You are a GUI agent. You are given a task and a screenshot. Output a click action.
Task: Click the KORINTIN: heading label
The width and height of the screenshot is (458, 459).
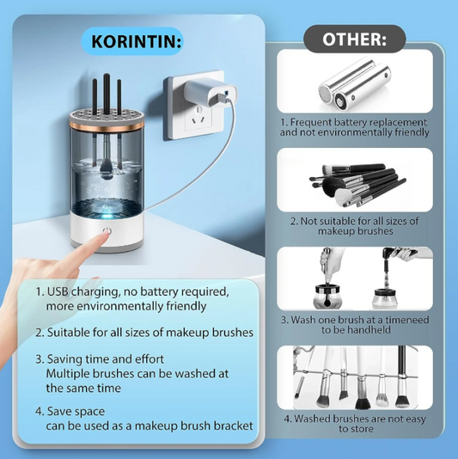click(136, 41)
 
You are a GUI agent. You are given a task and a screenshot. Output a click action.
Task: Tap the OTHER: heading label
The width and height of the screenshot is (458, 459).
click(354, 39)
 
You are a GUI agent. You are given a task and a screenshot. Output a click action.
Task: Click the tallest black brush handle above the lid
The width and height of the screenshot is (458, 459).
click(107, 94)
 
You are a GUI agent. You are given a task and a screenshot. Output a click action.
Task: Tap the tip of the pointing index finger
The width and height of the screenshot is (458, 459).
click(106, 234)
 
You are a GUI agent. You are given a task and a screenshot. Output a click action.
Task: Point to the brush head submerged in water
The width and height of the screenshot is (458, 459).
click(107, 171)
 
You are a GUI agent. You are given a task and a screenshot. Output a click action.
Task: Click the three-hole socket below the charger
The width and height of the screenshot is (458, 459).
click(198, 119)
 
